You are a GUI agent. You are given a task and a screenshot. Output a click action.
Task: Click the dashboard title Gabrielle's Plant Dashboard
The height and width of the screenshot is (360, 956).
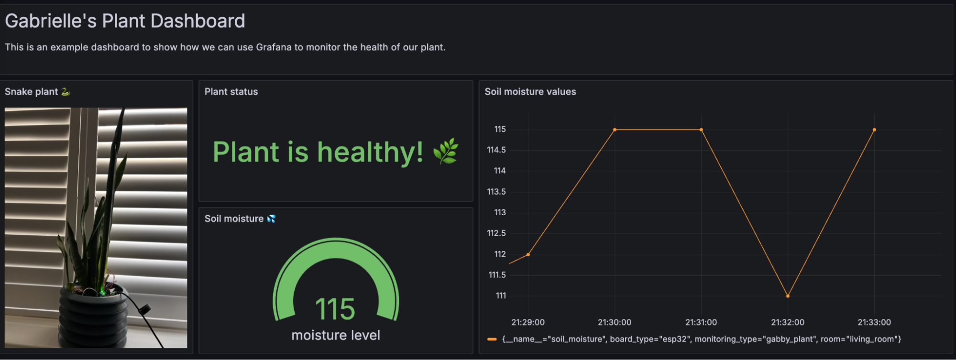(x=125, y=21)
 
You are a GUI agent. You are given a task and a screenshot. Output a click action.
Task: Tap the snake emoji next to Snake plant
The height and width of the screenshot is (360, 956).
(x=66, y=92)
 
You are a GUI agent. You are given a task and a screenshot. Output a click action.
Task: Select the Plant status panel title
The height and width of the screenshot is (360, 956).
(x=231, y=92)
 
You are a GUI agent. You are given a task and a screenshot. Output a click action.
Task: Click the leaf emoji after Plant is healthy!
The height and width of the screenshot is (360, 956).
(x=446, y=152)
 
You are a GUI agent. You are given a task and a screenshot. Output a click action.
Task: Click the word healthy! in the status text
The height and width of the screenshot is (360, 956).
(x=370, y=152)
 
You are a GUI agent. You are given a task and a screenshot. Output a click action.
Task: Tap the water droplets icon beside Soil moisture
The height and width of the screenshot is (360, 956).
(x=271, y=219)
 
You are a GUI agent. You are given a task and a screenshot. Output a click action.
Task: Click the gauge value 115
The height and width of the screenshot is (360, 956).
(x=335, y=309)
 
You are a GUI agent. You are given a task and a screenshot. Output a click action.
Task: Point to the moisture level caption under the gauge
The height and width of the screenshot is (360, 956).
(x=336, y=335)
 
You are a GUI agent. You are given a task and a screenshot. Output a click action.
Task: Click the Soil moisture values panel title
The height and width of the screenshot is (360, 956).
(x=530, y=92)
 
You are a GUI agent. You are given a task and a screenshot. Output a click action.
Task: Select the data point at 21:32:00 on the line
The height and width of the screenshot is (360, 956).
(x=788, y=296)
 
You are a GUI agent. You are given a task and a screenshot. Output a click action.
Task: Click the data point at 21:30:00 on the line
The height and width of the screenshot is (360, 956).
(x=615, y=130)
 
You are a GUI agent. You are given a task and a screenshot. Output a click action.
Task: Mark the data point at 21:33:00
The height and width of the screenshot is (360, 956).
(x=874, y=130)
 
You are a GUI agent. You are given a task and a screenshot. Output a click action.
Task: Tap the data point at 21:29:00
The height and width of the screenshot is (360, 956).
(x=528, y=254)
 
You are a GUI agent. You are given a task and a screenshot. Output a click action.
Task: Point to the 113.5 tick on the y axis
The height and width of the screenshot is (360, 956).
(x=496, y=192)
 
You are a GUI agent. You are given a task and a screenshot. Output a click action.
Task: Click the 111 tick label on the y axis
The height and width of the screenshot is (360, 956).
(x=500, y=296)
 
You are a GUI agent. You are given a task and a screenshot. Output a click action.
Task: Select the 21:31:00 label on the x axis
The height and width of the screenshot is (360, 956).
(x=701, y=322)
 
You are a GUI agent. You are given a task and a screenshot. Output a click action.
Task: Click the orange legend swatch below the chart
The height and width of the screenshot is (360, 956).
(x=492, y=339)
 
